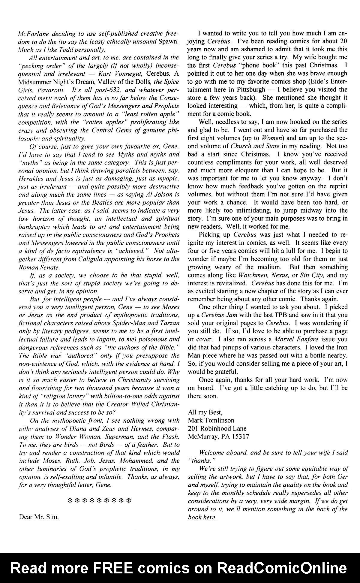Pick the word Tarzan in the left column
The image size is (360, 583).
(x=167, y=323)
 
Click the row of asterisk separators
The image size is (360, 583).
(x=99, y=500)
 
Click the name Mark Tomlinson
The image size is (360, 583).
(x=211, y=420)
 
